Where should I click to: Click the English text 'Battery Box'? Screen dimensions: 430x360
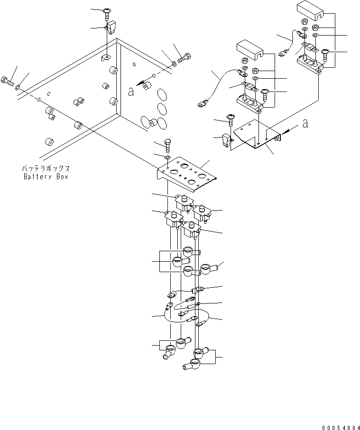pos(46,176)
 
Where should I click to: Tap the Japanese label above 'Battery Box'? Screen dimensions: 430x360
pos(46,169)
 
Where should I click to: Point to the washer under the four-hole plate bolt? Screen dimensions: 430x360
pos(167,156)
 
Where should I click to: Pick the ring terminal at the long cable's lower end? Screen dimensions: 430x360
pos(203,102)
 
